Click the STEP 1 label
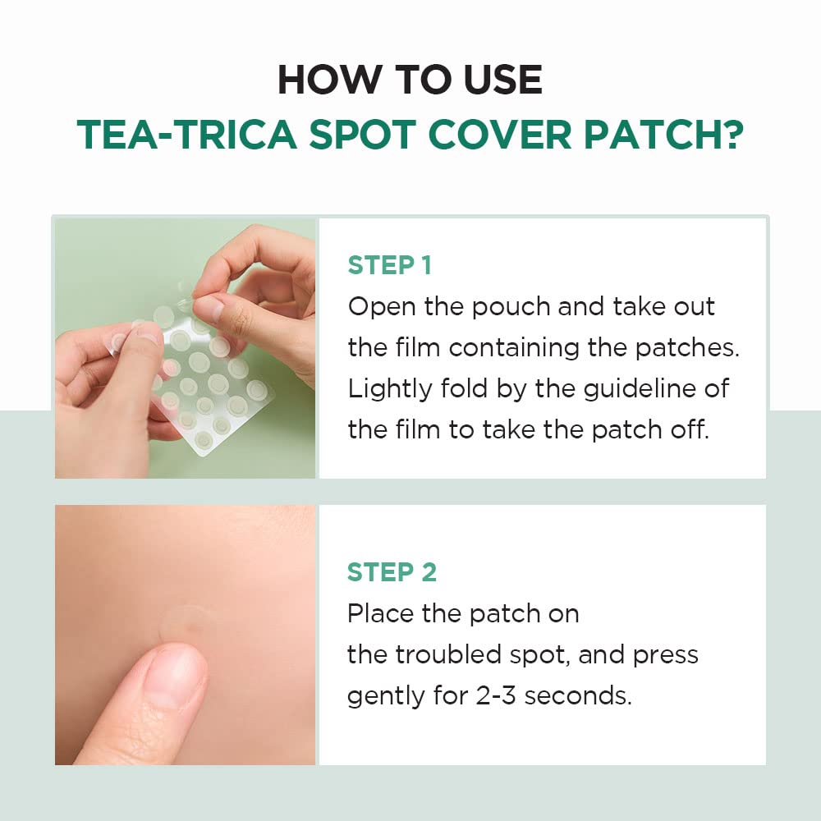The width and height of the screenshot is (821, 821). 389,265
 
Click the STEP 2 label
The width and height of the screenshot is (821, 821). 392,572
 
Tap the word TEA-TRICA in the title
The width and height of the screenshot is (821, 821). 186,135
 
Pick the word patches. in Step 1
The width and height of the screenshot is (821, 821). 686,347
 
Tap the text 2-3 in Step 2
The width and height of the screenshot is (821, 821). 496,695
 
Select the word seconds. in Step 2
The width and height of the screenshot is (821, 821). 578,695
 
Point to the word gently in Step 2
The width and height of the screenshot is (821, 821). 379,697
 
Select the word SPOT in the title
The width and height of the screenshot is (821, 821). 362,135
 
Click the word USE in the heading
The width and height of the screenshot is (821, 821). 502,80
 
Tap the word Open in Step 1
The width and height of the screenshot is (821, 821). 378,308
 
